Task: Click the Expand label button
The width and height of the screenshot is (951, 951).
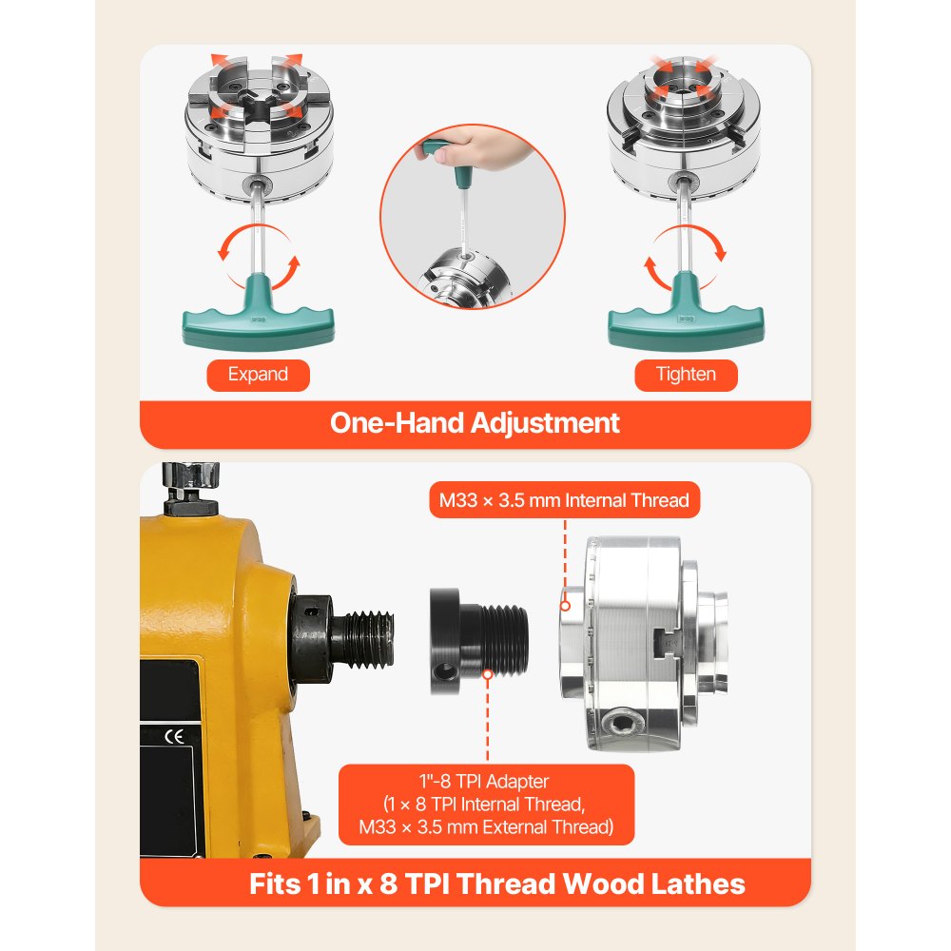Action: click(258, 374)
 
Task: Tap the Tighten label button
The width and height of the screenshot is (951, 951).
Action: click(686, 374)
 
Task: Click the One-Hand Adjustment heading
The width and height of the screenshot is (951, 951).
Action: click(475, 422)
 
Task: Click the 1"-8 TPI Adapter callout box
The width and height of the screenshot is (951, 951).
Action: click(486, 804)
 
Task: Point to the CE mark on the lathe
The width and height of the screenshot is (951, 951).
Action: click(175, 734)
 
